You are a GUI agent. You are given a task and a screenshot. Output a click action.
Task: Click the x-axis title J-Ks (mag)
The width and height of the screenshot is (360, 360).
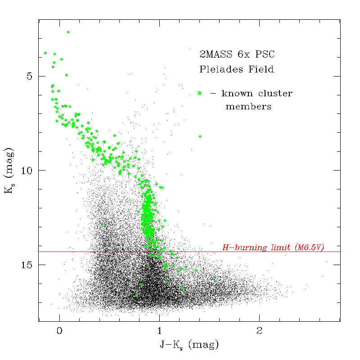click(x=189, y=345)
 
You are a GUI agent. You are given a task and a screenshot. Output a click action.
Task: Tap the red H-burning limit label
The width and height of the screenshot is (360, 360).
click(x=273, y=247)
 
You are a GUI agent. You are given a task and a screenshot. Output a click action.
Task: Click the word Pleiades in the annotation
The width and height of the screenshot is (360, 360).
click(x=219, y=70)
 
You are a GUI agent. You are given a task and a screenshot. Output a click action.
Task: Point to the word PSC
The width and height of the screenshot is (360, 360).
click(x=265, y=55)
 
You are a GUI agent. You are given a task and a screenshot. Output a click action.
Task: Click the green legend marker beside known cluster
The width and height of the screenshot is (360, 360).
click(x=199, y=93)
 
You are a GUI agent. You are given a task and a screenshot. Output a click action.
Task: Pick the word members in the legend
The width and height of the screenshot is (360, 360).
click(x=248, y=107)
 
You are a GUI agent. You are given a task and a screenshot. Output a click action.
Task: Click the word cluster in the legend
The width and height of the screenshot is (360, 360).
click(x=276, y=94)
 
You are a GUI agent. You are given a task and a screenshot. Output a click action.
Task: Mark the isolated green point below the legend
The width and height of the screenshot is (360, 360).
click(x=200, y=136)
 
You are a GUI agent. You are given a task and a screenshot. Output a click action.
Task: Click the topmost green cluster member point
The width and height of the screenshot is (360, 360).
click(x=68, y=32)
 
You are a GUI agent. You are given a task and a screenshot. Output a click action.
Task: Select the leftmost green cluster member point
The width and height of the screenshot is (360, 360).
click(x=45, y=53)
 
